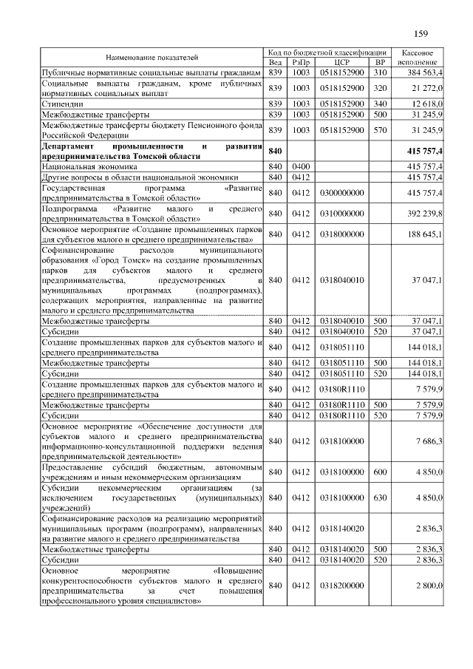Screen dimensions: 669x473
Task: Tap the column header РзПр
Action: point(301,63)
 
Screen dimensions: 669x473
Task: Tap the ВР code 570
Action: point(381,129)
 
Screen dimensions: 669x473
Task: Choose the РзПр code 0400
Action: point(300,167)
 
